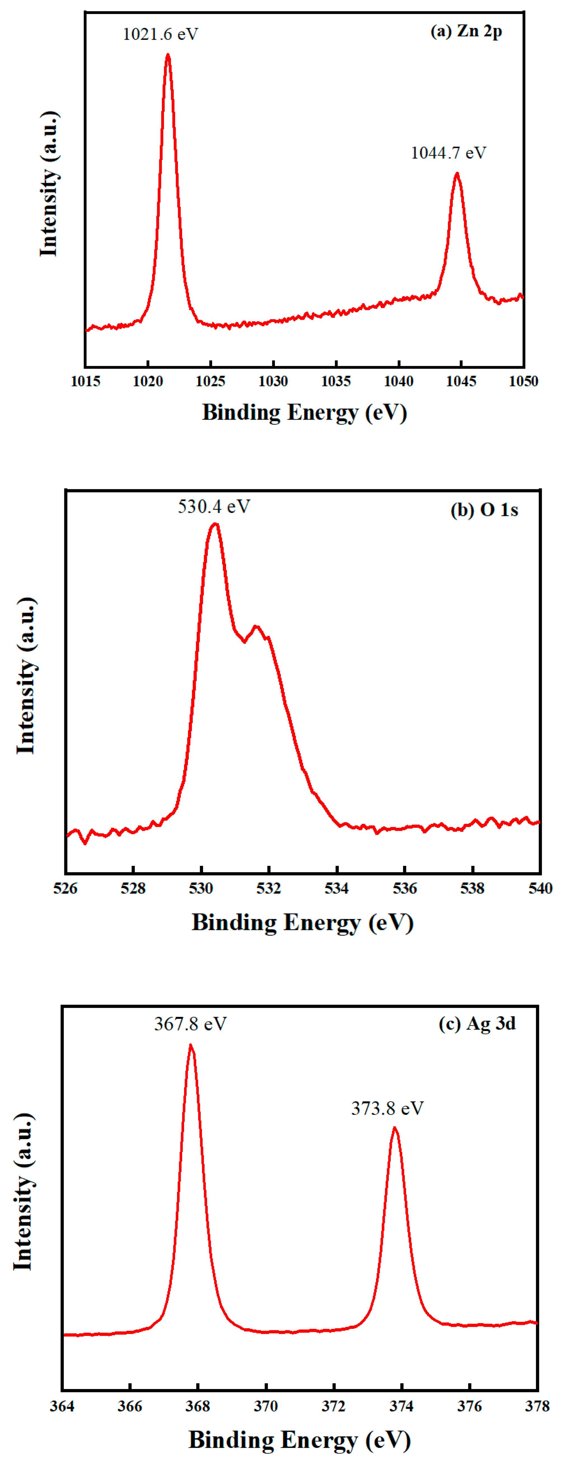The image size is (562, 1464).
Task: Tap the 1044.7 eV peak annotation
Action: [x=448, y=153]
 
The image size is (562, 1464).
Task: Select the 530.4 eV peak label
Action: [x=214, y=506]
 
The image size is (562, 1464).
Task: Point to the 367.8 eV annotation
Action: [x=191, y=1024]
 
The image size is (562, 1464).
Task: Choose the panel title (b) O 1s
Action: [x=484, y=510]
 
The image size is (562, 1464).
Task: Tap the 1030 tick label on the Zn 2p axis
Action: [x=273, y=381]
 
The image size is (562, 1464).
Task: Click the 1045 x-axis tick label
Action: [x=461, y=381]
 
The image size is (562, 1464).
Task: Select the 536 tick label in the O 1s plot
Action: [x=405, y=888]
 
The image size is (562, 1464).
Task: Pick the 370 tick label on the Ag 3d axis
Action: [x=265, y=1406]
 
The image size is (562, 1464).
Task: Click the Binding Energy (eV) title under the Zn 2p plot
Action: [x=305, y=412]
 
